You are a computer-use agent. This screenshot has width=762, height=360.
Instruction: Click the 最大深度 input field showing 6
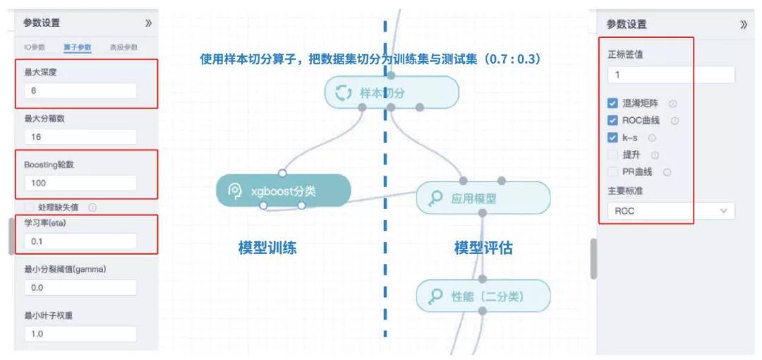(80, 91)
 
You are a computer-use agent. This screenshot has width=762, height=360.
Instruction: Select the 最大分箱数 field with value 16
(80, 137)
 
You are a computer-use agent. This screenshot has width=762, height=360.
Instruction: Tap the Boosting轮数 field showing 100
(80, 183)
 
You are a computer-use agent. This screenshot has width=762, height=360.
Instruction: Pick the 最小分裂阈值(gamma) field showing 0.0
(80, 287)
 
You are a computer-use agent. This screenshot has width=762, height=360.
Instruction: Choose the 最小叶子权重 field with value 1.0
(80, 333)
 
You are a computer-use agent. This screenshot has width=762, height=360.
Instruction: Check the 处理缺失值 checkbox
(29, 208)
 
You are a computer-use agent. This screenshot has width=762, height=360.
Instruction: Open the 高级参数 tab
(123, 47)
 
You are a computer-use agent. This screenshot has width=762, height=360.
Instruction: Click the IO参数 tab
(35, 47)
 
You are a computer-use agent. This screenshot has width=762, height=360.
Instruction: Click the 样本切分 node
(392, 92)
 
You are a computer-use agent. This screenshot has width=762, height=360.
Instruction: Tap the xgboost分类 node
(283, 190)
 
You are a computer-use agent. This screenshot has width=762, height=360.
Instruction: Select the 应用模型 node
(483, 198)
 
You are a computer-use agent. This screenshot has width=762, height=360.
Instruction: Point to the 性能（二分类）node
(483, 296)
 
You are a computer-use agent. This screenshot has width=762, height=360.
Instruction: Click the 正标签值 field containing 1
(671, 75)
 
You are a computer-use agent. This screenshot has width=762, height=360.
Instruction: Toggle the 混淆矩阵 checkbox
(612, 104)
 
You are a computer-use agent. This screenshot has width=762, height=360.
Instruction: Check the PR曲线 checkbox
(612, 172)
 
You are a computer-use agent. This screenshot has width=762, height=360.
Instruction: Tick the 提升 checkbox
(612, 155)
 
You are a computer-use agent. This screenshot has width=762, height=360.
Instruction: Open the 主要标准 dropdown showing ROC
(671, 210)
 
